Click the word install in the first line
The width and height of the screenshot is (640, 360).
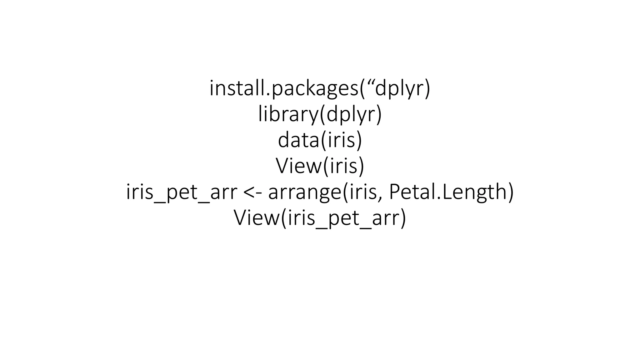point(236,88)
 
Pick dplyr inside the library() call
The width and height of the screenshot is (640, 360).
point(350,114)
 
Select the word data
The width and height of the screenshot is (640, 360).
point(298,140)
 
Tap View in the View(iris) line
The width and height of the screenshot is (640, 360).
point(298,166)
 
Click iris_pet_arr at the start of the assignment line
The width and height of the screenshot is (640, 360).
point(182,192)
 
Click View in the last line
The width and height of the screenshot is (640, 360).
point(257,218)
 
